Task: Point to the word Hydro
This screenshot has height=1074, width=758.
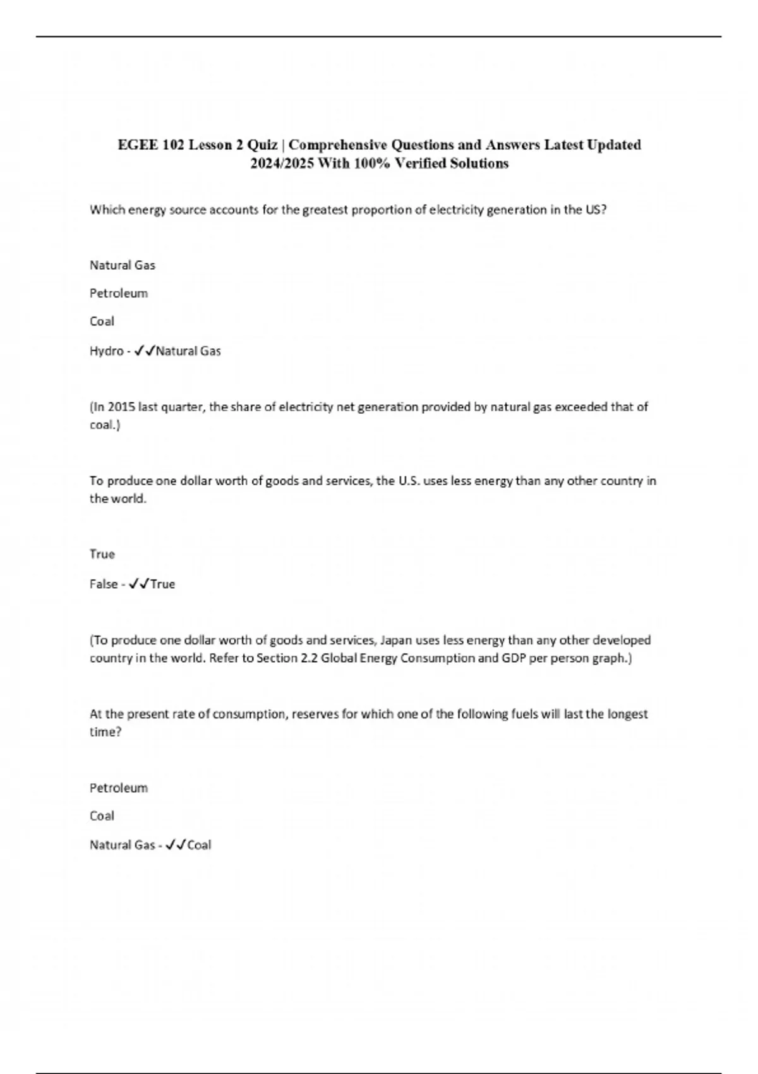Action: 106,351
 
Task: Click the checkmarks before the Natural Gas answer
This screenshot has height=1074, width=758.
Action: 145,351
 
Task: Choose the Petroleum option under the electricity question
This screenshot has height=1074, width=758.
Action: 119,293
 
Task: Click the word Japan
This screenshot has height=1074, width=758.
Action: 395,640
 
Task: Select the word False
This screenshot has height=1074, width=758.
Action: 103,584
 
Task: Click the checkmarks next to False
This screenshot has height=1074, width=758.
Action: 138,584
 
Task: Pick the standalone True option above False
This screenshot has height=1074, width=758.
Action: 102,554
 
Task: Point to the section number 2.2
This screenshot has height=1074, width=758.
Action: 308,658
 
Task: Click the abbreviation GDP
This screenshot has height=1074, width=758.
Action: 514,658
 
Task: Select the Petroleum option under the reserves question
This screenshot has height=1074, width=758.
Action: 119,788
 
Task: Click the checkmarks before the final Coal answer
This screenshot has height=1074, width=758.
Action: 176,845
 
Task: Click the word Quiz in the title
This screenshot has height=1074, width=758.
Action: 262,145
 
